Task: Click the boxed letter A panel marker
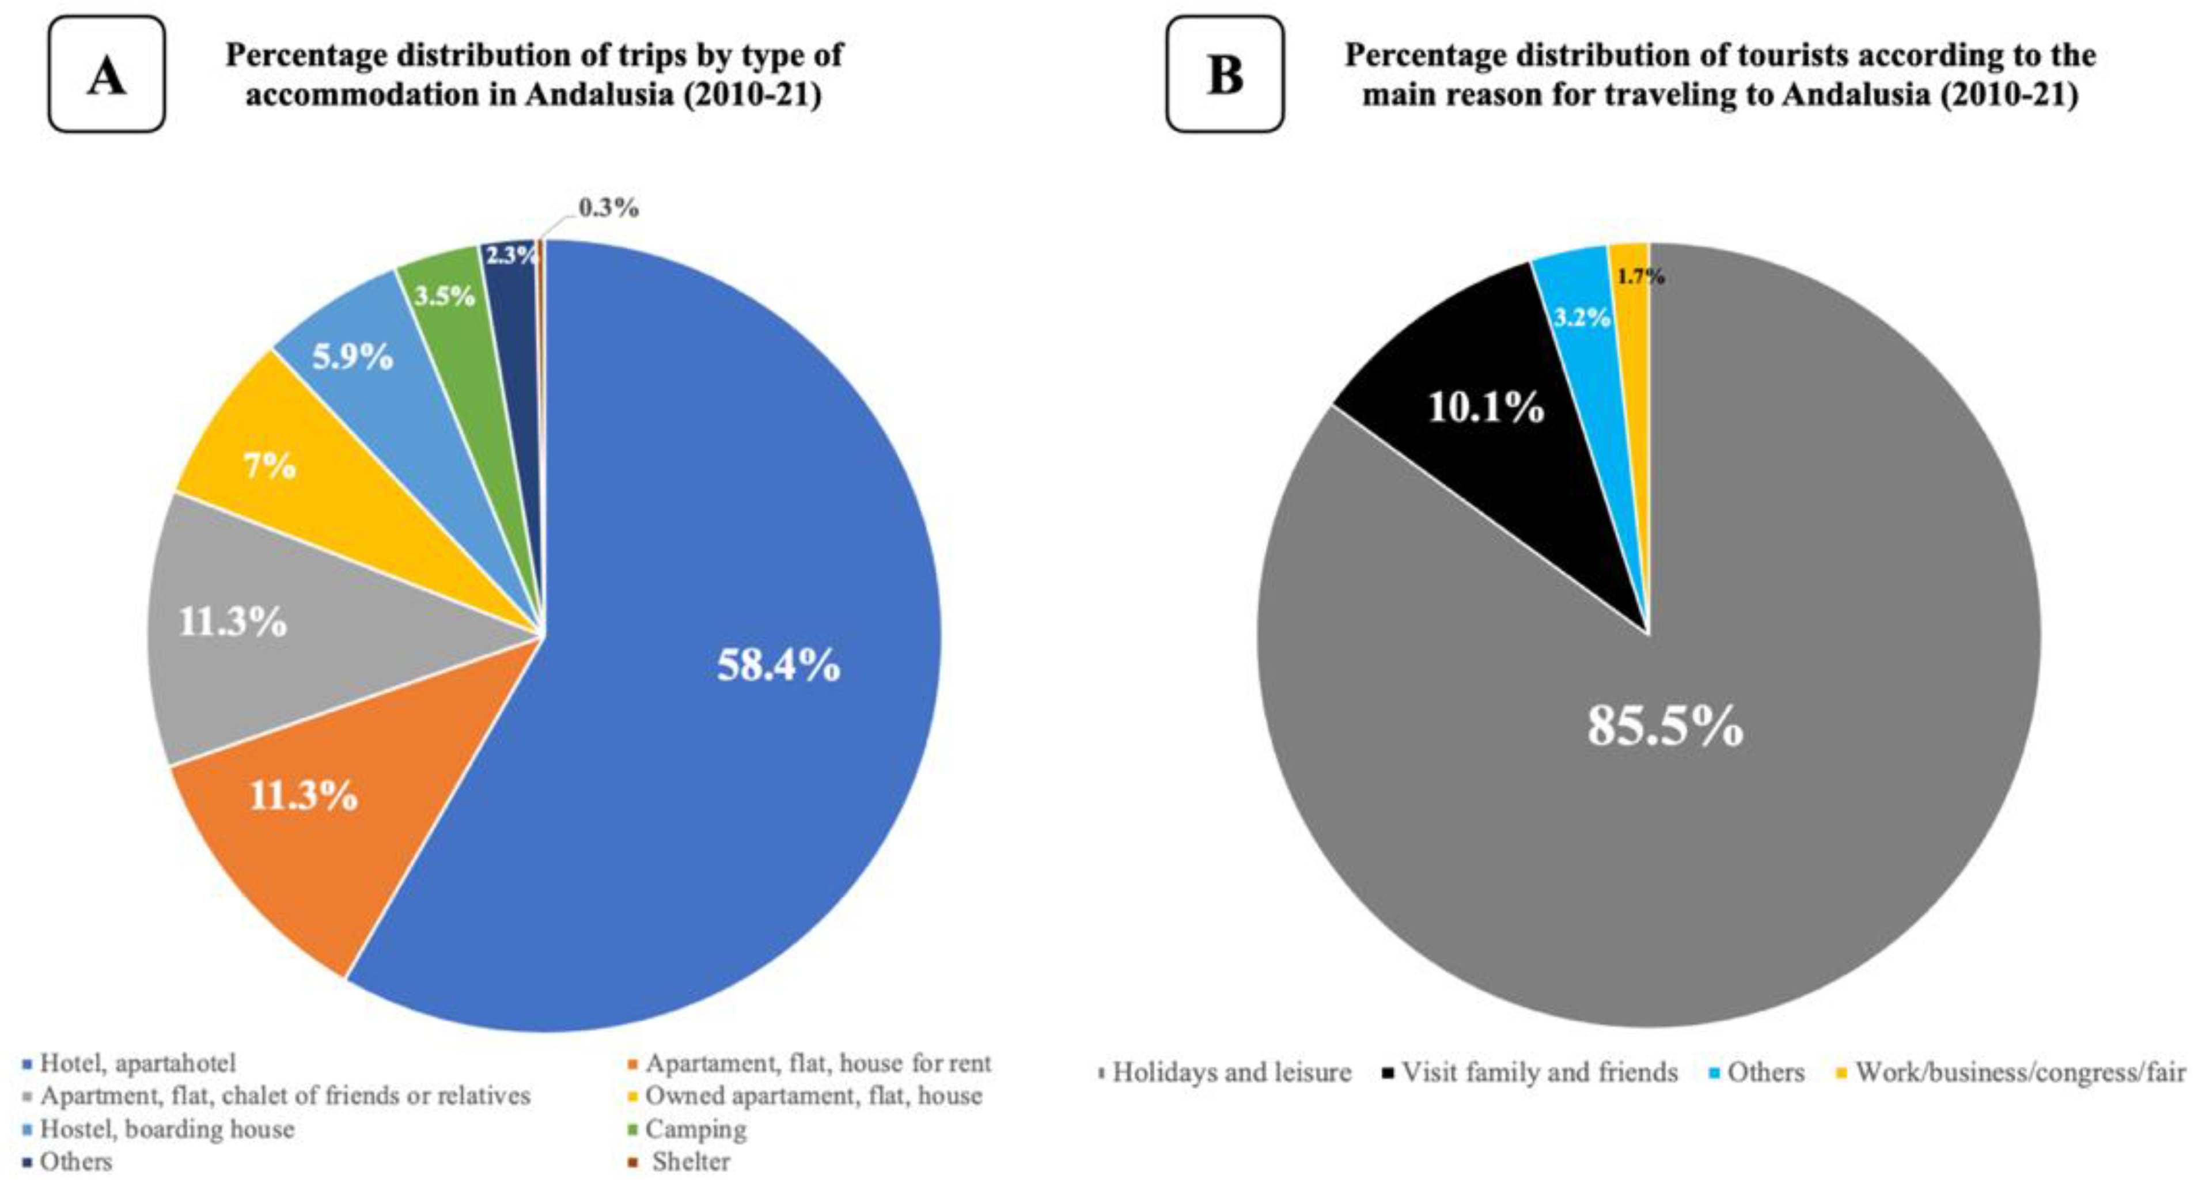pos(107,74)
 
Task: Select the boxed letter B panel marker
pos(1225,74)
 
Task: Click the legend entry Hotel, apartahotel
pos(129,1063)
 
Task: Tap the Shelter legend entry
pos(680,1162)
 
